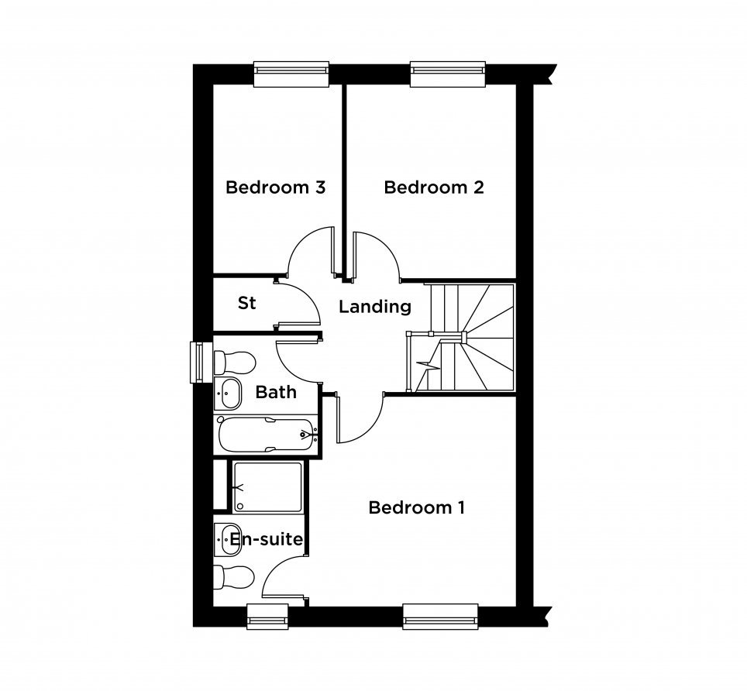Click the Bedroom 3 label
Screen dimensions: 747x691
click(x=275, y=187)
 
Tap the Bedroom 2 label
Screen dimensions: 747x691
click(x=434, y=187)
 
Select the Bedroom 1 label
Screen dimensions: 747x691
click(x=417, y=507)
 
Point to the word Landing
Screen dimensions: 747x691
click(x=375, y=307)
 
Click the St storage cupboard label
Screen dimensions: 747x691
click(x=246, y=303)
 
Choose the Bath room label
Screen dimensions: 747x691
click(x=276, y=393)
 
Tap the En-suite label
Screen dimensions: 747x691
click(x=267, y=540)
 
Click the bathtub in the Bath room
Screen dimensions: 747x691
click(x=267, y=434)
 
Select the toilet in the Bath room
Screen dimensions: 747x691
click(x=235, y=363)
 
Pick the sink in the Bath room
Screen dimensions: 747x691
click(x=228, y=394)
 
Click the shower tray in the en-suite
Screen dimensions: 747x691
click(x=268, y=486)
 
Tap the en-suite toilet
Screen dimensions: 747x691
click(x=234, y=578)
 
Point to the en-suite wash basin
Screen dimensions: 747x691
click(x=228, y=540)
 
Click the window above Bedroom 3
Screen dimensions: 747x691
click(x=291, y=74)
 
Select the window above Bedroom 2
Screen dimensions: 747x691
click(x=448, y=74)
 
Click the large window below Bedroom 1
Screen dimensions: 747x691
click(x=440, y=617)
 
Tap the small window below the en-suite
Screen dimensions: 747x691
click(x=268, y=617)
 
